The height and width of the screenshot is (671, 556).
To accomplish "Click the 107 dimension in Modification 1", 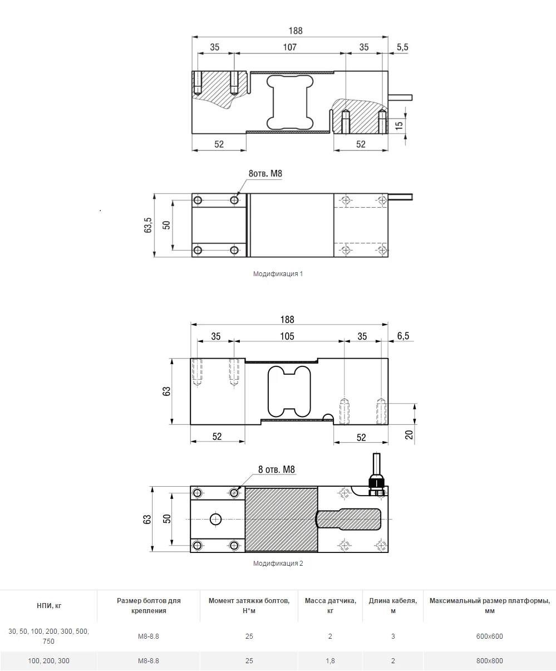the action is click(x=289, y=47).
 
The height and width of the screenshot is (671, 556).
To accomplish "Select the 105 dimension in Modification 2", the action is click(x=287, y=336).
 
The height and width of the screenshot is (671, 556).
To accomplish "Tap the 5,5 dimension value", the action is click(x=402, y=47).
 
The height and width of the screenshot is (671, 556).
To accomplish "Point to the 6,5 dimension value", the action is click(x=403, y=336).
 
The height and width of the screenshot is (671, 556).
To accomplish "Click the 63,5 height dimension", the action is click(x=147, y=225).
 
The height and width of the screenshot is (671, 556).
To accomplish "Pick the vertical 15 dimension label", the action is click(x=398, y=125).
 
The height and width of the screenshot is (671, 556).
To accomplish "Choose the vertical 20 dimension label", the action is click(x=409, y=435).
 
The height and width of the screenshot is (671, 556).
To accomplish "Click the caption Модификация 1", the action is click(x=278, y=274).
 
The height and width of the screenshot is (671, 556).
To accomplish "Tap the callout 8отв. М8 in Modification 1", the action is click(x=265, y=174).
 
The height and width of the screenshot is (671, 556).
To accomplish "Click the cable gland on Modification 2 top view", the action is click(x=376, y=484).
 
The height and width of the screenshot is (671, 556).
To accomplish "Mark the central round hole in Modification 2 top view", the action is click(x=215, y=519).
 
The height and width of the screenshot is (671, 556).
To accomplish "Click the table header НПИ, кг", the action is click(x=49, y=606).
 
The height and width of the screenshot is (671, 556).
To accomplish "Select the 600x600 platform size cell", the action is click(x=490, y=636).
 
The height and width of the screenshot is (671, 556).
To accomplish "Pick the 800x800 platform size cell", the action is click(x=490, y=661).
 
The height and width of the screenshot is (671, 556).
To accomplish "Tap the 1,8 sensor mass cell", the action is click(x=330, y=661).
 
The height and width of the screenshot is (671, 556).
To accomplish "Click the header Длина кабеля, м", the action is click(x=393, y=605).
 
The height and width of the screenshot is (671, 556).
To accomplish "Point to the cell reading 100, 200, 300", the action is click(x=48, y=661).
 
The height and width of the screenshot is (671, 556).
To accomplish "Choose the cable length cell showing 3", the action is click(x=393, y=636).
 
